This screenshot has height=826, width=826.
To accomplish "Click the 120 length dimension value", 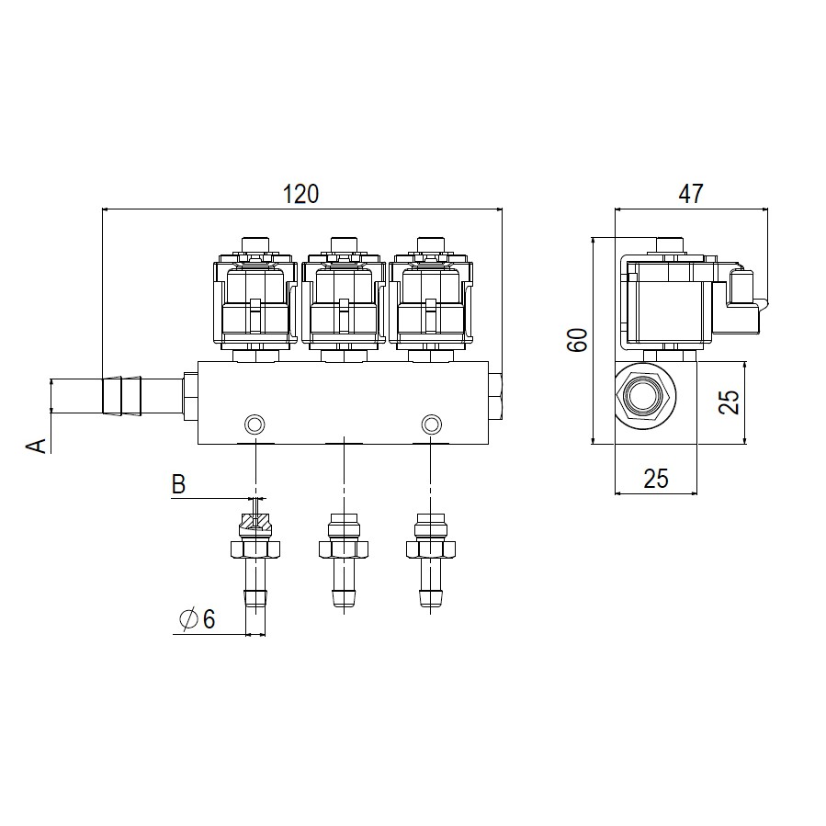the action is (300, 194).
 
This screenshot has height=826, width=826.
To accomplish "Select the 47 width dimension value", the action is (690, 194).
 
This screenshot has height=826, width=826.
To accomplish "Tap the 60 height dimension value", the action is (578, 340).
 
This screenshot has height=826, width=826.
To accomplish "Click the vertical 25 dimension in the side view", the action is (730, 402).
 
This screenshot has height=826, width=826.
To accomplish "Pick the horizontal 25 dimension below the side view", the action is (655, 479).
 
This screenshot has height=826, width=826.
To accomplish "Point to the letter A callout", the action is (37, 445).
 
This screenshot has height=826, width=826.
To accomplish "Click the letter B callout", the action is (178, 484).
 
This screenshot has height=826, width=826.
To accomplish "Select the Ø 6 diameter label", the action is (197, 619).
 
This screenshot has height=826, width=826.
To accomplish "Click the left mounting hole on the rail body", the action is (255, 424).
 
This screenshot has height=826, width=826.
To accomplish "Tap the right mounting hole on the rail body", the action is (432, 424).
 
